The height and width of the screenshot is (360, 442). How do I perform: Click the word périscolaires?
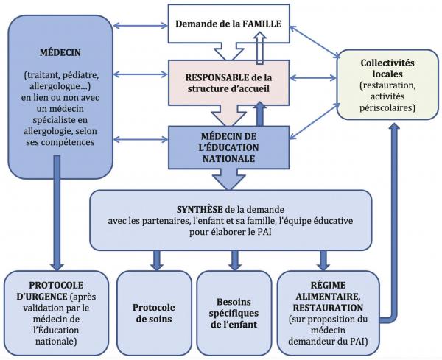(x=387, y=109)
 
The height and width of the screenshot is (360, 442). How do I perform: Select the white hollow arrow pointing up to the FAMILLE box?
(x=259, y=50)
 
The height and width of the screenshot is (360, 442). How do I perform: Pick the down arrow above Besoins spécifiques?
(x=234, y=258)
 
